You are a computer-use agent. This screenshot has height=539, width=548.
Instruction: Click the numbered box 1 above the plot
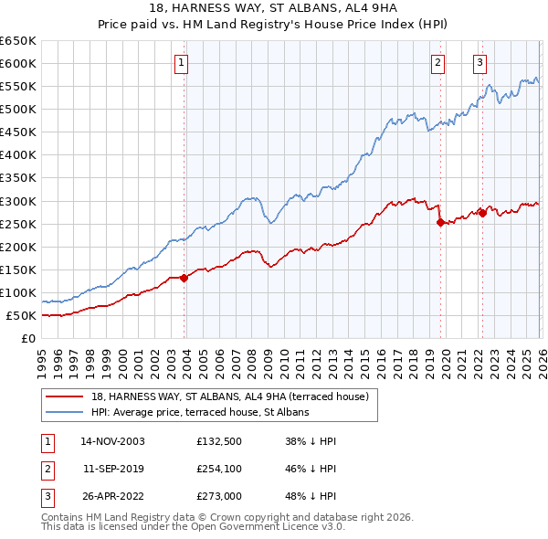(x=182, y=63)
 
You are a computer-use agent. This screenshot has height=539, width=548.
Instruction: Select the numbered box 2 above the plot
(x=438, y=63)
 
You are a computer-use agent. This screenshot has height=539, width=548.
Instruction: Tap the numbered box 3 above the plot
(x=479, y=63)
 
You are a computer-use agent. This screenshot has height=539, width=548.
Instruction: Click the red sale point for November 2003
(x=184, y=278)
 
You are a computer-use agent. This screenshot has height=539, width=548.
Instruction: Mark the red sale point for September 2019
(x=440, y=222)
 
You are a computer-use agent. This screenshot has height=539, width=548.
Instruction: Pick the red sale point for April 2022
(x=482, y=213)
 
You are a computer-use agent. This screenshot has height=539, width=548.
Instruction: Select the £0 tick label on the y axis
(x=28, y=339)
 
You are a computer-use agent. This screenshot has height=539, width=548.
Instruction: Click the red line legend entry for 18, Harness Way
(x=229, y=396)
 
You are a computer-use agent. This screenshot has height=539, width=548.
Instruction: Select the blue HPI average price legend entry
(x=200, y=412)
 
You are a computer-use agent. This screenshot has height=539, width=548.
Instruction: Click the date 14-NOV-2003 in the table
(x=112, y=440)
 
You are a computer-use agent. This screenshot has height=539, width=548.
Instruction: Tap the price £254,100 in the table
(x=219, y=468)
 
